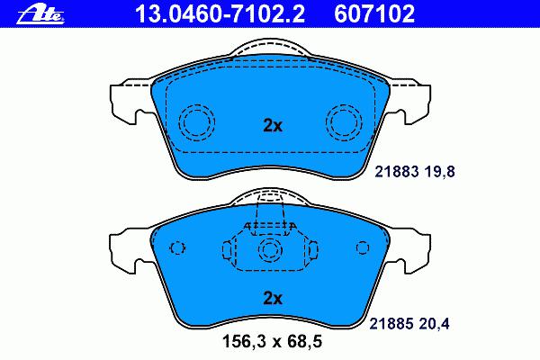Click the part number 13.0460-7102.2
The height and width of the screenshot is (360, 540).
click(220, 14)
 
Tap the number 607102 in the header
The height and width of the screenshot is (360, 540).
click(374, 14)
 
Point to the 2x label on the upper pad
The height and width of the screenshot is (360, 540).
click(273, 126)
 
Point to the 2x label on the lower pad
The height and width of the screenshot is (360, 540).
click(273, 298)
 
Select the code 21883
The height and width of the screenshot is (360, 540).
click(397, 171)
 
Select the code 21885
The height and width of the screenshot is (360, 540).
click(391, 323)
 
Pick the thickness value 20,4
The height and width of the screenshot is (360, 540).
click(434, 323)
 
